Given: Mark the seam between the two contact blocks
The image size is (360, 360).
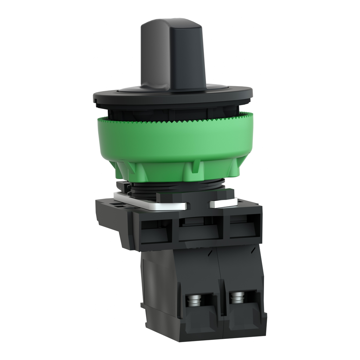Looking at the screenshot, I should [221, 281].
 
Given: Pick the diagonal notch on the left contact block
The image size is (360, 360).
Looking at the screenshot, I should [210, 252].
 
